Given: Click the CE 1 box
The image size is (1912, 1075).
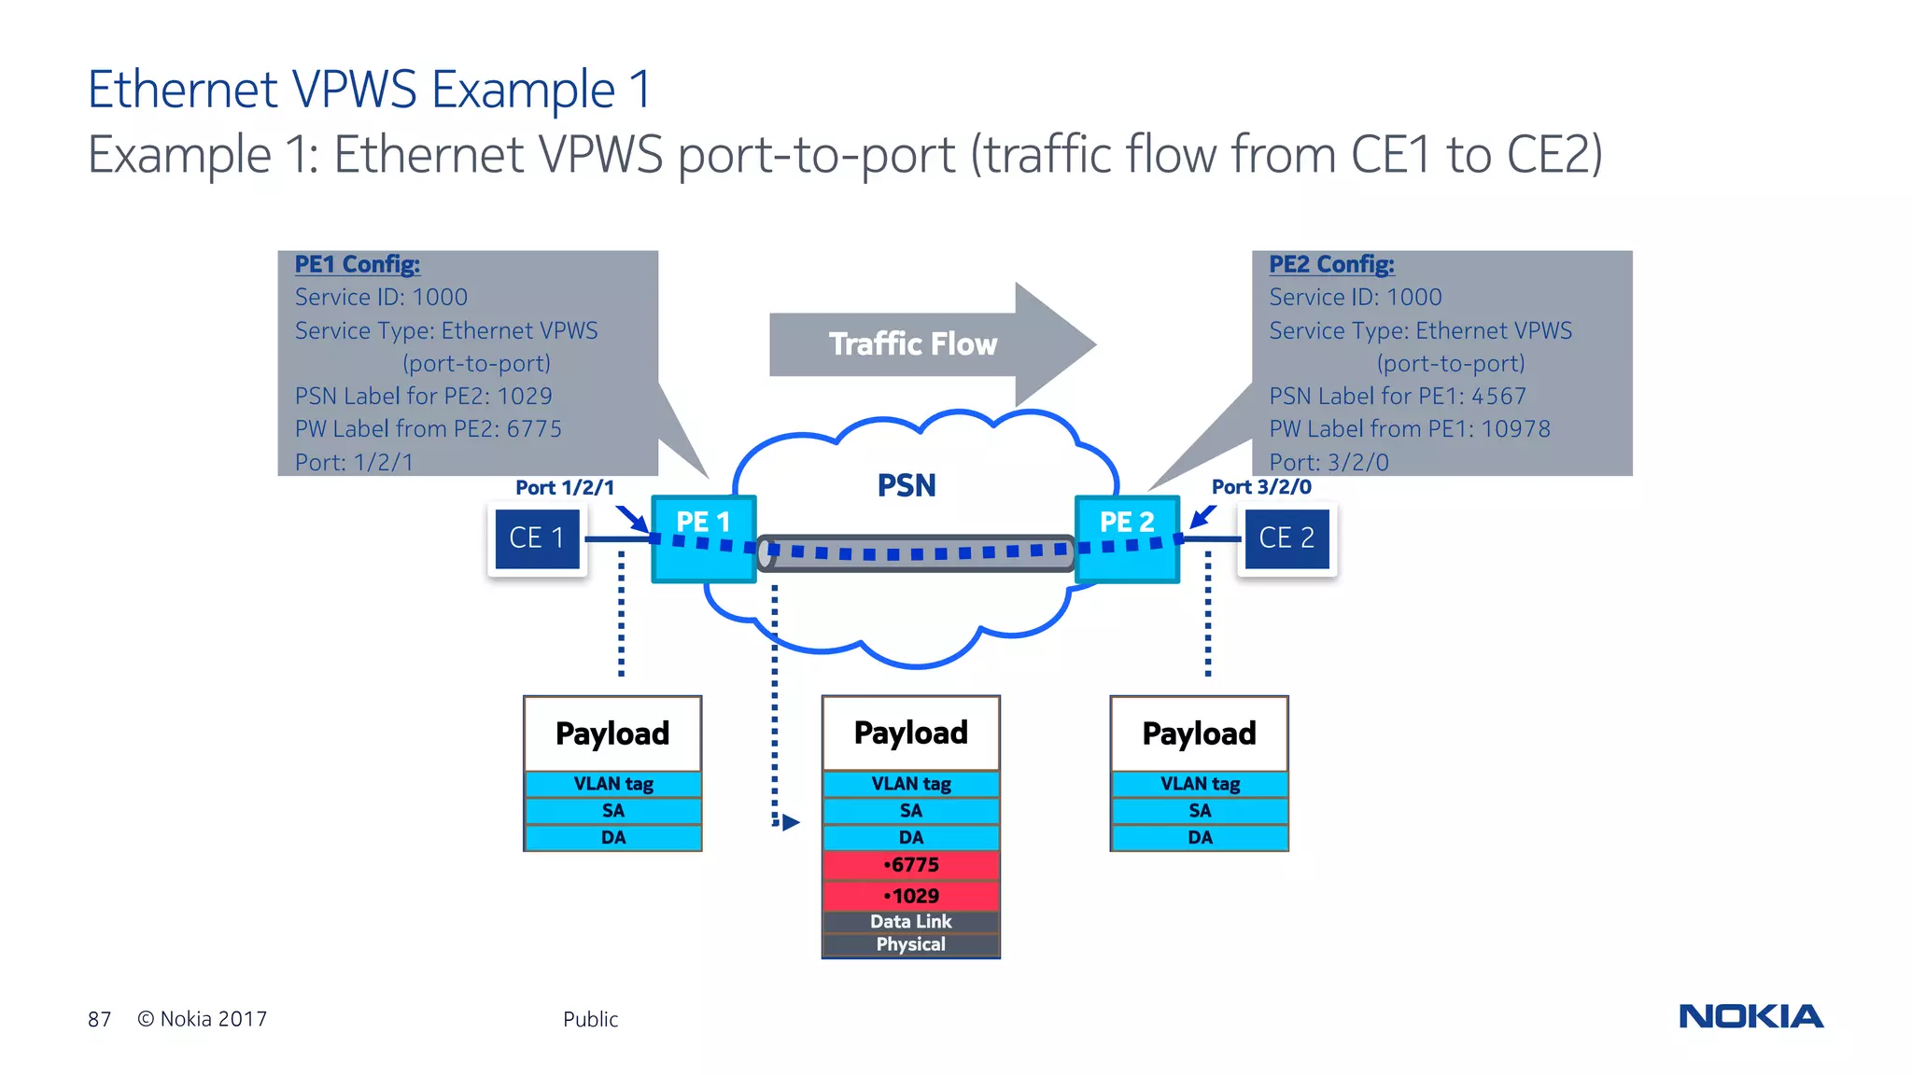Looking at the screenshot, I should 537,538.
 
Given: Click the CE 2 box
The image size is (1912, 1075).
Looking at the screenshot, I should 1286,538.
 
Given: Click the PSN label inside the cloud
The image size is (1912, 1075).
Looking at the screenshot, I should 907,486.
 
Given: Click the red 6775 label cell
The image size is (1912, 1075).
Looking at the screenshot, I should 911,865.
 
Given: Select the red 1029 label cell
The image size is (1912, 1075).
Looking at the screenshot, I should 911,896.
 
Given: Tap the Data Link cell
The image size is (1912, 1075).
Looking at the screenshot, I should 911,922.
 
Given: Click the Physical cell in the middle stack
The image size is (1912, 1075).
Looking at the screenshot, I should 911,944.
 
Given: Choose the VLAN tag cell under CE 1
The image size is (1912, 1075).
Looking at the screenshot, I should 613,784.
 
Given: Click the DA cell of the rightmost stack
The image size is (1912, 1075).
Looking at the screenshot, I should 1200,838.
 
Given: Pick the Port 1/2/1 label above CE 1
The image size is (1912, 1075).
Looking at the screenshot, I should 565,488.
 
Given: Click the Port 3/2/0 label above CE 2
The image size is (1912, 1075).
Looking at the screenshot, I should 1261,487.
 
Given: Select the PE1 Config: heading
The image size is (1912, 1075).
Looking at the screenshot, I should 358,264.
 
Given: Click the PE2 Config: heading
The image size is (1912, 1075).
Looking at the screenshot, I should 1331,264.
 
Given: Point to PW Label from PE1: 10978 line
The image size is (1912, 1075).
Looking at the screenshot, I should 1409,429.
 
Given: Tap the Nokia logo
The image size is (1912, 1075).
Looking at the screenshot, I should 1750,1016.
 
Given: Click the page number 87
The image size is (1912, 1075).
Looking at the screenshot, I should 99,1019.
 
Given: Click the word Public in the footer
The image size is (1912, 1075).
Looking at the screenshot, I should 590,1019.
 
